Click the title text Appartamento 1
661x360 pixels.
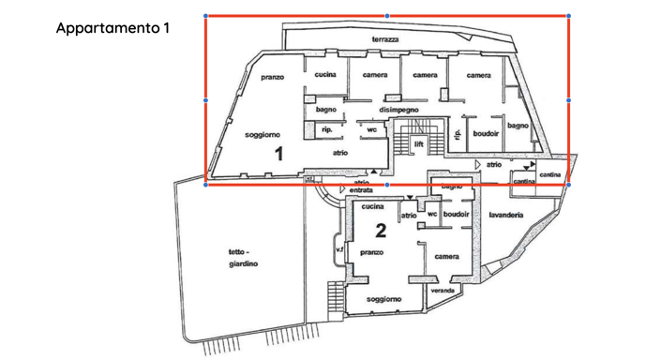tap(113, 27)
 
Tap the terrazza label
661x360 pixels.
tap(385, 39)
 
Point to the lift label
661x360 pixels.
tap(419, 145)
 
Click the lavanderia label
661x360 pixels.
tap(505, 215)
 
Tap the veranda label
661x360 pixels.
tap(443, 291)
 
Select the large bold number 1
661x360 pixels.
tap(278, 154)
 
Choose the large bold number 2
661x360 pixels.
tap(381, 230)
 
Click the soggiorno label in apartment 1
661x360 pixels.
tap(263, 135)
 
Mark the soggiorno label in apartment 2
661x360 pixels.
tap(384, 299)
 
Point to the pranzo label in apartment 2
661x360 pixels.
tap(371, 252)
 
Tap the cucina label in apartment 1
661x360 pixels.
tap(325, 75)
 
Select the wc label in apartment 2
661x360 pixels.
tap(432, 214)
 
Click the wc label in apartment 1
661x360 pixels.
tap(371, 129)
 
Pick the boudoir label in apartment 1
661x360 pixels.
tap(486, 134)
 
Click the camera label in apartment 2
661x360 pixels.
tap(446, 257)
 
